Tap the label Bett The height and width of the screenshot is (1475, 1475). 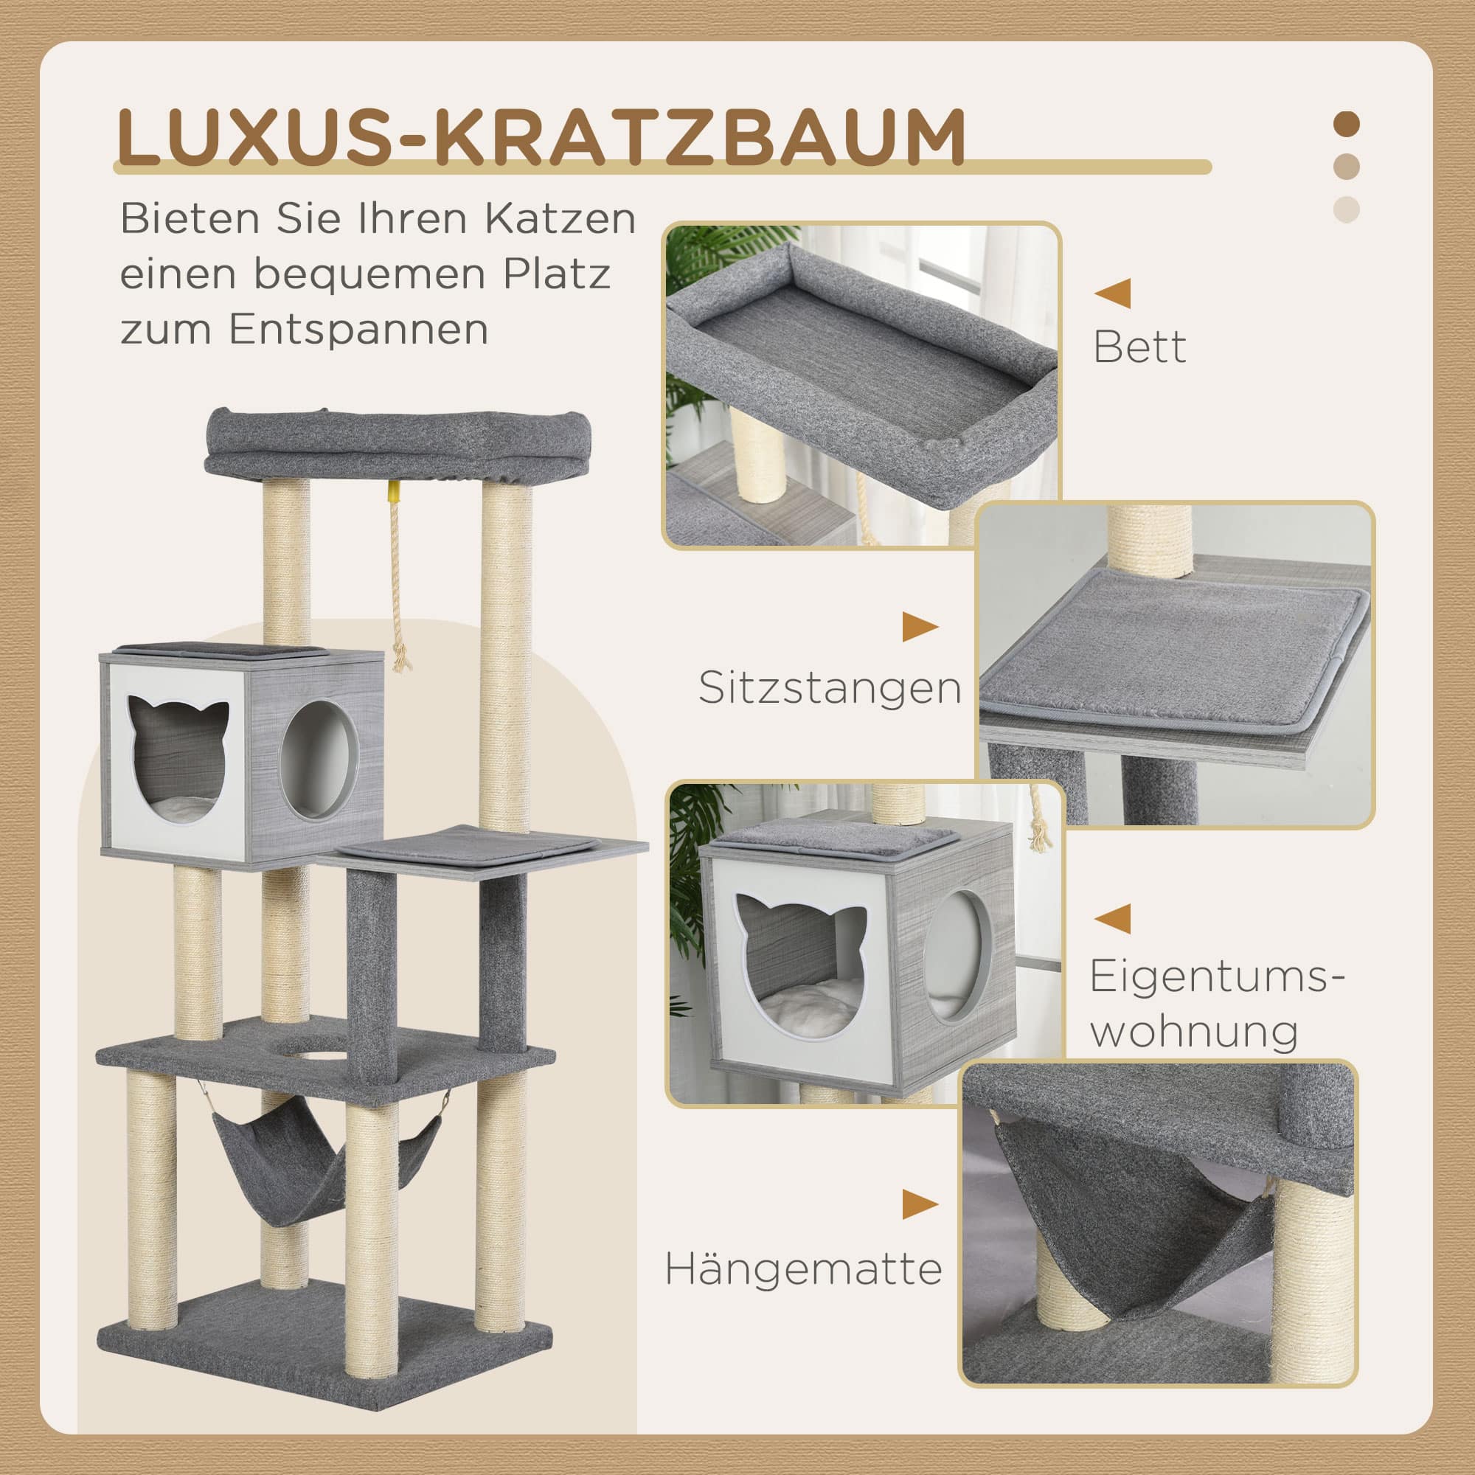pos(1139,347)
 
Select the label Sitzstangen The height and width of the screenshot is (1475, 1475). pos(830,688)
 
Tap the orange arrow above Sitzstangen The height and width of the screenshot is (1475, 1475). pos(920,628)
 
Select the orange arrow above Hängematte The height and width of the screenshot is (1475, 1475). pos(920,1205)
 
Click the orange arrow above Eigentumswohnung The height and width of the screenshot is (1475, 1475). pos(1112,918)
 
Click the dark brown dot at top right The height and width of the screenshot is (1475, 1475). pos(1346,125)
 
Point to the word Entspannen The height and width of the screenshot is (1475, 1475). pos(358,330)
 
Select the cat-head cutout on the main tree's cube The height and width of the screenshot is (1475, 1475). pos(178,759)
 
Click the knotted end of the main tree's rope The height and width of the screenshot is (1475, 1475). pos(398,658)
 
